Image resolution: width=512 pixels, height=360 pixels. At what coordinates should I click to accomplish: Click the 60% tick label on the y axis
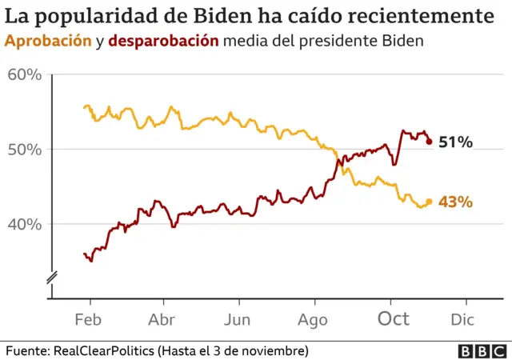(x=25, y=75)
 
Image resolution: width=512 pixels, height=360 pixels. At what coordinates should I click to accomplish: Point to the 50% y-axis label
(x=25, y=150)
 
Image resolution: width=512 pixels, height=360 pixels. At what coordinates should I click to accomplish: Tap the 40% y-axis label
(x=25, y=224)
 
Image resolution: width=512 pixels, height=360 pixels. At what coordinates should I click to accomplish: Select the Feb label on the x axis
(x=90, y=320)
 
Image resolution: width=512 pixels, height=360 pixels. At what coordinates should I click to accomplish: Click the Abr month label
(x=163, y=320)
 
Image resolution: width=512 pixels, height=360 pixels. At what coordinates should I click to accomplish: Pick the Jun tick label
(x=238, y=320)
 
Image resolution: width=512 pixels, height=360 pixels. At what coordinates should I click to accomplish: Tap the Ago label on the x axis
(x=313, y=320)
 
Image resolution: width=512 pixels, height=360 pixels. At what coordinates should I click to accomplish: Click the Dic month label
(x=462, y=320)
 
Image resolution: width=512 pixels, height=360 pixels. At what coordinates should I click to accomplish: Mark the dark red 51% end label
(x=456, y=142)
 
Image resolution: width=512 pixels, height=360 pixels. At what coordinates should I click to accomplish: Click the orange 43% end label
(x=456, y=202)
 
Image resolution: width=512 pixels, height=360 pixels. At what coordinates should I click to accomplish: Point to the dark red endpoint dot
(x=429, y=142)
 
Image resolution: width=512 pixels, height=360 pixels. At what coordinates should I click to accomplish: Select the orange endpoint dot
(x=429, y=202)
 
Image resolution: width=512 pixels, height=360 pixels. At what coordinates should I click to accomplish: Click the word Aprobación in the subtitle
(x=48, y=41)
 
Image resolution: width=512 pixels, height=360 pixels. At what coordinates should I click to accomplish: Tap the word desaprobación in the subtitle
(x=163, y=41)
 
